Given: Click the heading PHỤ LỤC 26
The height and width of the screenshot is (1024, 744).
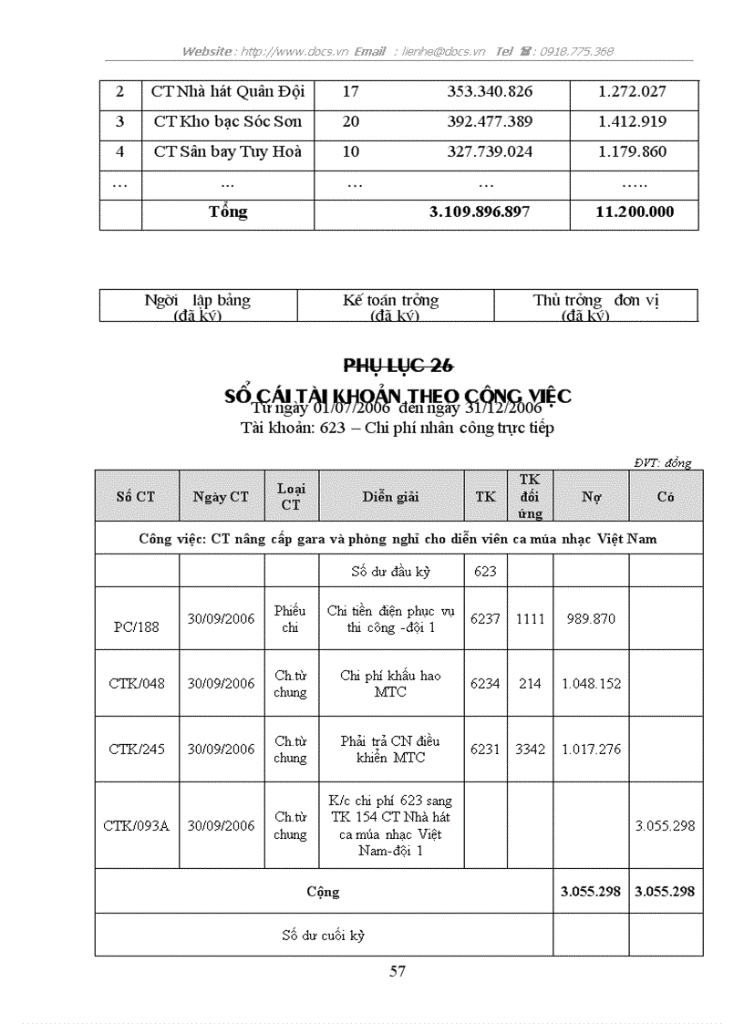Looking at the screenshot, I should point(398,366).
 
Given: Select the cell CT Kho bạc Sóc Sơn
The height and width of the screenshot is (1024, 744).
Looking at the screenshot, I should point(227,122).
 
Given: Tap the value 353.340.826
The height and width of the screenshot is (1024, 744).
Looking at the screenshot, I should point(490,92).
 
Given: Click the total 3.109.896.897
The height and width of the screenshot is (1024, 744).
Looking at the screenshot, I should point(479,212).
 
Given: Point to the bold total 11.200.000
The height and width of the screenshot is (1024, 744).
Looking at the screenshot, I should point(634,212).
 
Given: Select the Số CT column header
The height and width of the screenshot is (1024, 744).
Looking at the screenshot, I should point(135,497).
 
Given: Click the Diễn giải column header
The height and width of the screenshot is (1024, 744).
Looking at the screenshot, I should point(389,497).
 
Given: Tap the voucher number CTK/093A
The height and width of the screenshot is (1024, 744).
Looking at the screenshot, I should point(136,826).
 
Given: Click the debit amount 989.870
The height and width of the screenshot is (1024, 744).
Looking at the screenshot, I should point(590,619).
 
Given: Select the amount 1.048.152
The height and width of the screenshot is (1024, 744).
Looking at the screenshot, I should point(591,684).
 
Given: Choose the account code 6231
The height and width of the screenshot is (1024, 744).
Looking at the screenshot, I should point(485,750).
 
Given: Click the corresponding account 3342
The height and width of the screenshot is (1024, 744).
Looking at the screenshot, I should point(530,750).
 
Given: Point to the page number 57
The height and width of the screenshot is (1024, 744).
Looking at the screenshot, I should point(398,971).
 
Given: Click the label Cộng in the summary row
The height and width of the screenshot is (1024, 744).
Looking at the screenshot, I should point(323,892).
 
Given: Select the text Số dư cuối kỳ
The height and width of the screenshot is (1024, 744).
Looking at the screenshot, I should point(323,936).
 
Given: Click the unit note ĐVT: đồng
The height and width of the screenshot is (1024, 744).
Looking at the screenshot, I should point(663,462).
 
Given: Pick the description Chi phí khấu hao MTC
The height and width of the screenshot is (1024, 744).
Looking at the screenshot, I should point(390,684).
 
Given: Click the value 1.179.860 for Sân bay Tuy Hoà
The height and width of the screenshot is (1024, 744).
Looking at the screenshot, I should point(632,152).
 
